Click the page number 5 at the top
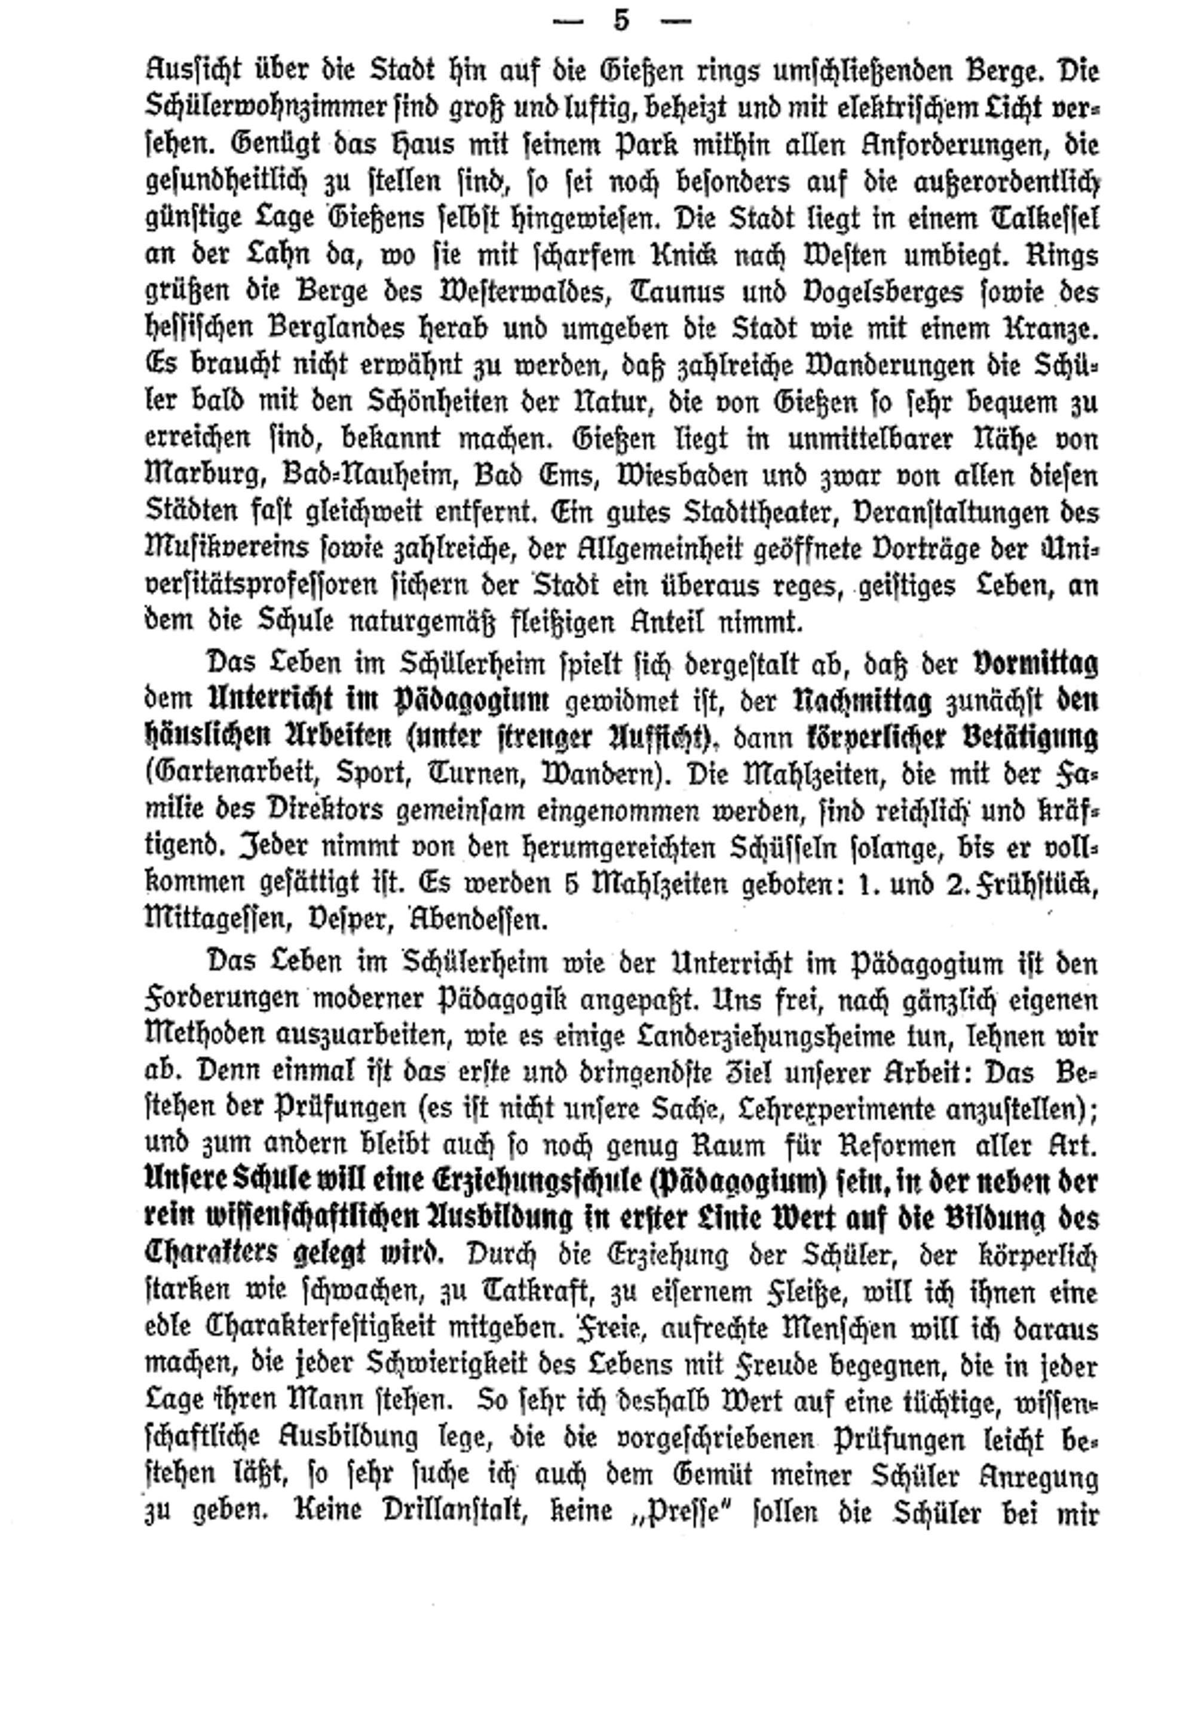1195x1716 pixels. click(x=621, y=20)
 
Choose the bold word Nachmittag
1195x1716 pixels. click(x=861, y=701)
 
